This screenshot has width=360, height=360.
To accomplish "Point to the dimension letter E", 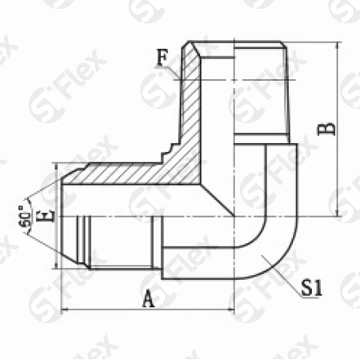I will [x=50, y=214].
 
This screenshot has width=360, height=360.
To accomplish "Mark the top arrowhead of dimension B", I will [x=339, y=45].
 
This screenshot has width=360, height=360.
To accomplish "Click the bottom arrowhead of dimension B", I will [x=339, y=213].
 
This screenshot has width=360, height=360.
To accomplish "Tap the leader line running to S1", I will [x=281, y=273].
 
